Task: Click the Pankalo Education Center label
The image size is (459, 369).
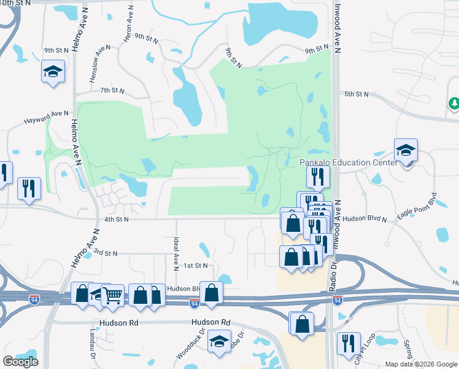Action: pyautogui.click(x=344, y=162)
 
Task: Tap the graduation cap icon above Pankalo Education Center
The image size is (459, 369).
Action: pyautogui.click(x=406, y=150)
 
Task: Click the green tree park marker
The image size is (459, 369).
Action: pyautogui.click(x=454, y=104)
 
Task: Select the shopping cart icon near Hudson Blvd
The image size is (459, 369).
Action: pyautogui.click(x=112, y=295)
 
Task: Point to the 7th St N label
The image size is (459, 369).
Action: pyautogui.click(x=113, y=90)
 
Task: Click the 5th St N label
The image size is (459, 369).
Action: pyautogui.click(x=356, y=94)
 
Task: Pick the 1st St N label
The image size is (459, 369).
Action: pyautogui.click(x=196, y=265)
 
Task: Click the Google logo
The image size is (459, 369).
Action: pyautogui.click(x=20, y=362)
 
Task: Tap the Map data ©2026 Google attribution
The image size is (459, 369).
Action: pyautogui.click(x=421, y=364)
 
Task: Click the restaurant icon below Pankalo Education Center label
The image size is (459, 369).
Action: pyautogui.click(x=318, y=177)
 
